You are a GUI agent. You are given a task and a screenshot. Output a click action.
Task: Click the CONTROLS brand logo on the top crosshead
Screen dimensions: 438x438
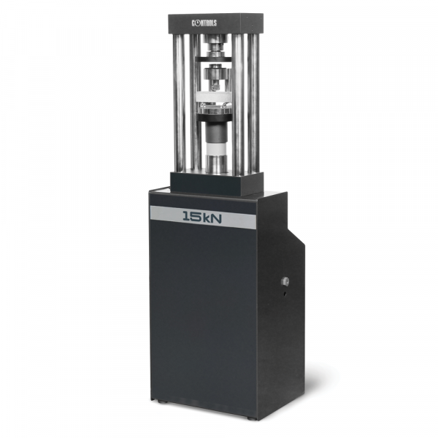tap(204, 23)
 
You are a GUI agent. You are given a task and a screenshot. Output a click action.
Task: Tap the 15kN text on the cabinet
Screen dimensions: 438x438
tap(202, 217)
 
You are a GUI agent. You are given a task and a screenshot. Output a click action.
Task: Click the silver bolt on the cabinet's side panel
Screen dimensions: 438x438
tap(285, 281)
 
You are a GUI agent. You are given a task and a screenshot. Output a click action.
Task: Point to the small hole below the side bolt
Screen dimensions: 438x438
tap(285, 293)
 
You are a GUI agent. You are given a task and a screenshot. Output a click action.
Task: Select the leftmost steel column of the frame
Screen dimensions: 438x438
tap(179, 103)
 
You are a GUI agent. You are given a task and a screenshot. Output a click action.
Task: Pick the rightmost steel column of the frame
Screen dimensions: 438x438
tap(253, 104)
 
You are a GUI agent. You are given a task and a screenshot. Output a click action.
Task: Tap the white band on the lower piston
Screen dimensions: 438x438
tap(217, 147)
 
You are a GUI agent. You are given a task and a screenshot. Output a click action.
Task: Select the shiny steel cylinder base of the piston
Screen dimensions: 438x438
tap(217, 164)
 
